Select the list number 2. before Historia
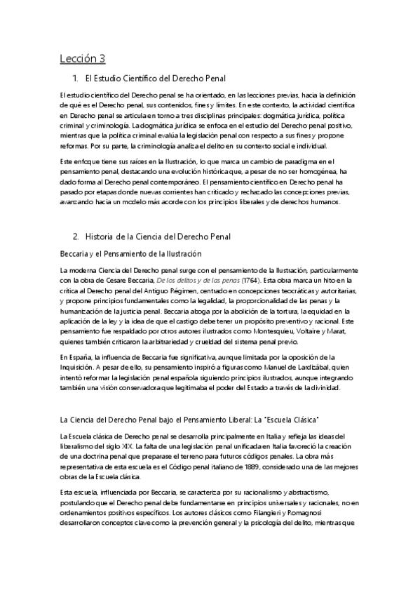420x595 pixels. point(75,237)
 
